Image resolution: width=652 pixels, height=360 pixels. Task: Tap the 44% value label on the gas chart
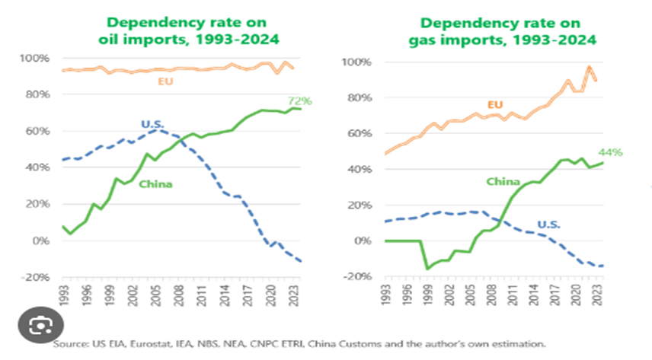[x=612, y=152]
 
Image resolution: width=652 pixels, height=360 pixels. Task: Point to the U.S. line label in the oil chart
[x=155, y=124]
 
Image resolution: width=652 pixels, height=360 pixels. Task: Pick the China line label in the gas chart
[x=503, y=181]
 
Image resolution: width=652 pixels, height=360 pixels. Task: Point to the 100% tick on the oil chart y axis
[x=35, y=59]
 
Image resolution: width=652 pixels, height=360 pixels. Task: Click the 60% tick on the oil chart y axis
[x=37, y=131]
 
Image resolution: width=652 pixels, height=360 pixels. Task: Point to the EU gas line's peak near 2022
[x=589, y=67]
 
